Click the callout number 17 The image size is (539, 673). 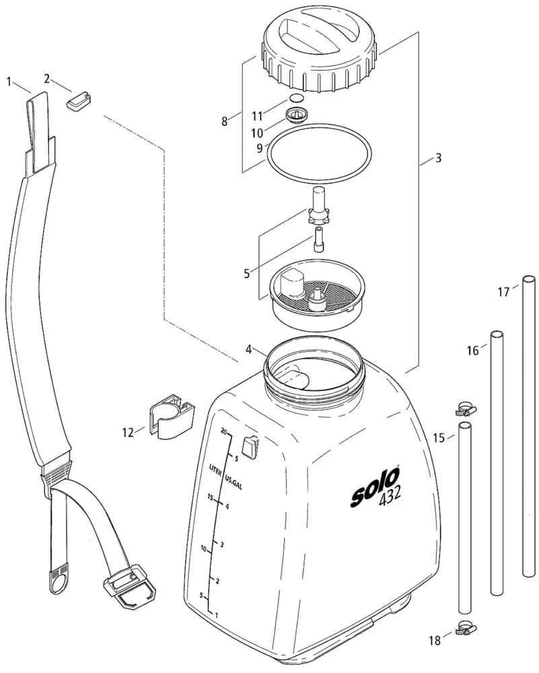(503, 292)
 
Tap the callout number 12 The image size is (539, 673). (128, 432)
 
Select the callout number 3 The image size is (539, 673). (438, 159)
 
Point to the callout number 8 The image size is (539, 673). (225, 121)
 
